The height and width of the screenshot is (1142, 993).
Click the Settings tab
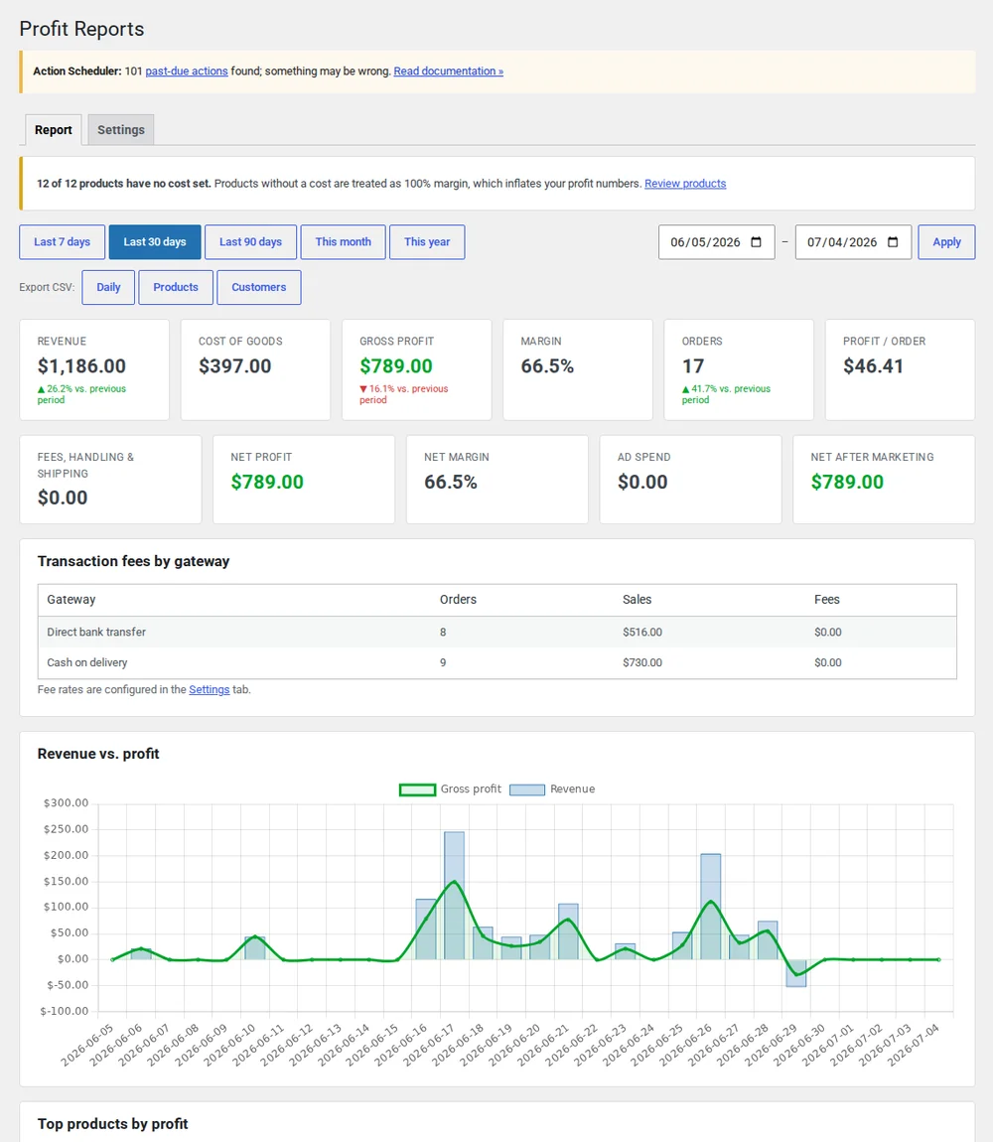coord(121,130)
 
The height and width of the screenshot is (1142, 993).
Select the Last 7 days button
coord(62,241)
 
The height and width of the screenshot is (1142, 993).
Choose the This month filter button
coord(344,241)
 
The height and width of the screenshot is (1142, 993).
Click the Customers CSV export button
coord(258,287)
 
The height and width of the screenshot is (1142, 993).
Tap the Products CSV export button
coord(176,287)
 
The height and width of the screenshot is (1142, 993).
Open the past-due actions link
coord(187,71)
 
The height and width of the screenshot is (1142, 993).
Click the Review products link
coord(685,184)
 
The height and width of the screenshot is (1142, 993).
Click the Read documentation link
coord(448,71)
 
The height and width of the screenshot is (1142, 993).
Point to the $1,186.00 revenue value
coord(81,366)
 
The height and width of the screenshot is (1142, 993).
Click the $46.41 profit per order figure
coord(873,366)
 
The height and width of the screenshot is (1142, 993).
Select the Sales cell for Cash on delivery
coord(641,662)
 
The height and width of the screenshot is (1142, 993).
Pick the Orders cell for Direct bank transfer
coord(443,633)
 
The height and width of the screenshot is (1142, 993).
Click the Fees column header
coord(827,600)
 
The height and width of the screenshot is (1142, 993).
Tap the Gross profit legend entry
coord(450,789)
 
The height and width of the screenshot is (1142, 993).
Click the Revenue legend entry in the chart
coord(552,789)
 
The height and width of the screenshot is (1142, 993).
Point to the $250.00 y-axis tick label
coord(66,829)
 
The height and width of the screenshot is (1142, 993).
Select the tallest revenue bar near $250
coord(454,895)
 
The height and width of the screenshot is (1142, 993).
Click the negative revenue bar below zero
coord(795,973)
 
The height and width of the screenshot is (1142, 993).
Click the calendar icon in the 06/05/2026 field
coord(757,241)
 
